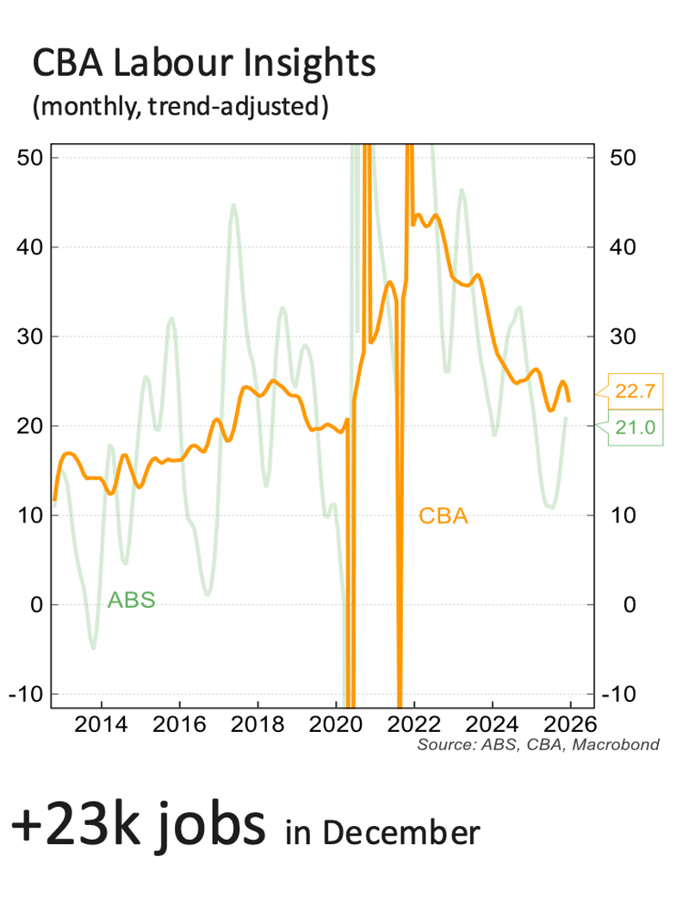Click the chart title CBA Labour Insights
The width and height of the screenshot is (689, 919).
click(x=203, y=64)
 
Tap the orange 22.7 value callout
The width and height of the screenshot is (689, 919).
click(x=636, y=391)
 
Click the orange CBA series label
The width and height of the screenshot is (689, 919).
click(x=444, y=516)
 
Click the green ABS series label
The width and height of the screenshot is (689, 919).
click(x=131, y=600)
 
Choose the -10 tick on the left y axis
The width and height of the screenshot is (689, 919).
click(x=27, y=694)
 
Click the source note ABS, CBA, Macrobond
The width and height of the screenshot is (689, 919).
click(x=538, y=744)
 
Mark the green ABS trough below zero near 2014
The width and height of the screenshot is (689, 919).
click(x=93, y=647)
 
